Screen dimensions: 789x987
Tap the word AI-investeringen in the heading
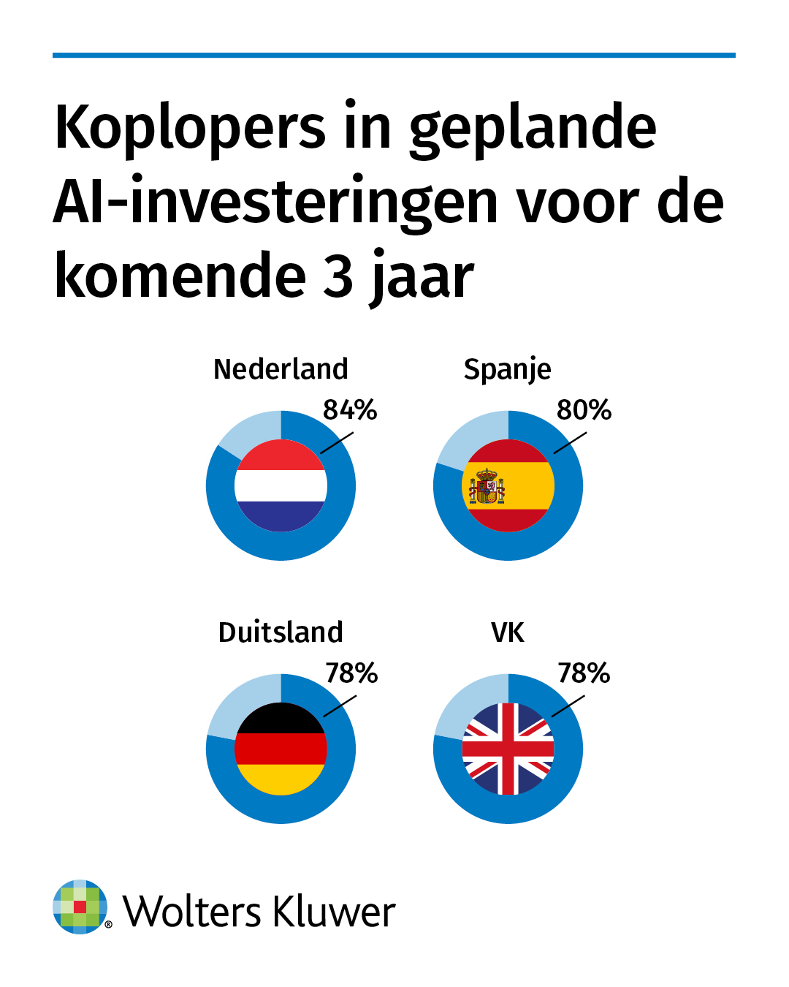[276, 204]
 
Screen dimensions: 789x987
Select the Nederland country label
[281, 369]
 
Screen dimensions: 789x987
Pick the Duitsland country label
[281, 632]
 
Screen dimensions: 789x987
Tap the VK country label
[508, 633]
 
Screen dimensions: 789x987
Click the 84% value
[350, 410]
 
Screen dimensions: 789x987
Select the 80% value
[584, 410]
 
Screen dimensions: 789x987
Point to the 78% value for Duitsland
[351, 673]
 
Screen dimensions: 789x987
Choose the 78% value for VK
[584, 673]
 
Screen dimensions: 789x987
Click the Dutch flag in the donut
[281, 485]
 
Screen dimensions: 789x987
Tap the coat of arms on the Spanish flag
[487, 487]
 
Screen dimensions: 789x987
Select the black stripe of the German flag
[281, 719]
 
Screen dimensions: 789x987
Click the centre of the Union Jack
[508, 749]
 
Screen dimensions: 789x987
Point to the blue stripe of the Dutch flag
[281, 516]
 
